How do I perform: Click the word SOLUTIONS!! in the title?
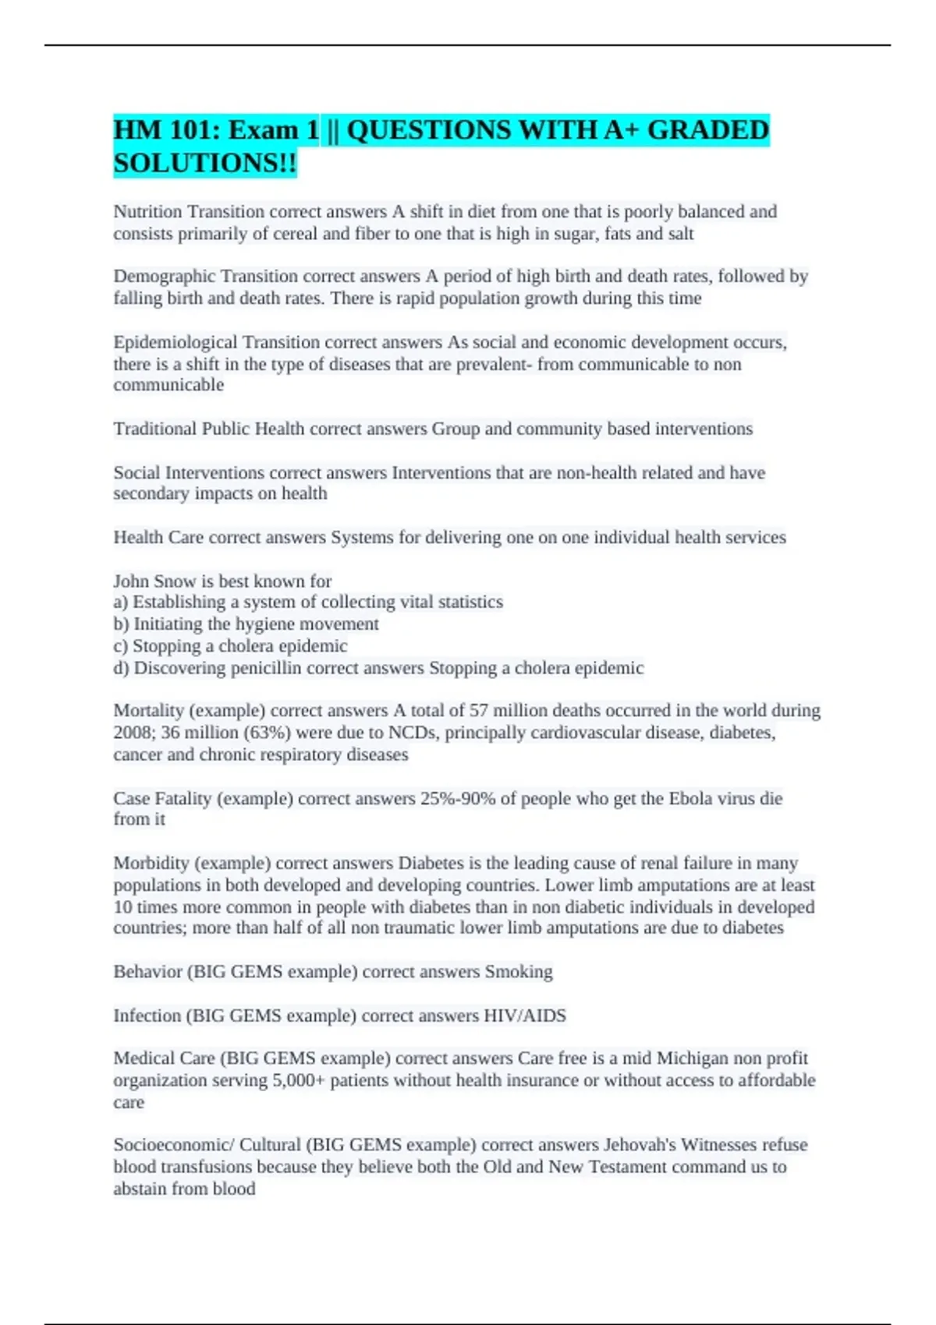[205, 163]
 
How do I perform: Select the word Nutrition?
[147, 211]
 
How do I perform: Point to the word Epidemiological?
[175, 342]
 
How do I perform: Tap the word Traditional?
[154, 429]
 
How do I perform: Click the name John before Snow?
[131, 581]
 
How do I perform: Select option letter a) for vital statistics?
[121, 602]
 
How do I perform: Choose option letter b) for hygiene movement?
[121, 624]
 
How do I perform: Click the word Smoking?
[519, 972]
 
